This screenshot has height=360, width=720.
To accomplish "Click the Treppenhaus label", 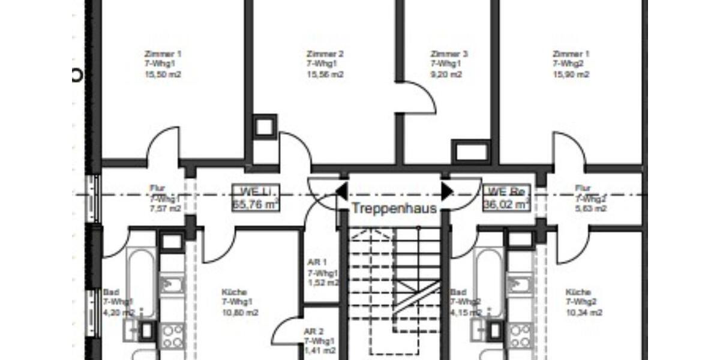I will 394,208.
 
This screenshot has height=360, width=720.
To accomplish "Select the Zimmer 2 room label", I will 325,53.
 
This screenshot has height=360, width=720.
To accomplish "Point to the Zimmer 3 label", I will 449,53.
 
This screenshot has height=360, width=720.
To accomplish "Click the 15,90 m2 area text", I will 571,75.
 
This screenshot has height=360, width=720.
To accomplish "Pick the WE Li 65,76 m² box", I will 256,198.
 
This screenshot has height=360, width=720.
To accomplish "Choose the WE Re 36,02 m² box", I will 506,198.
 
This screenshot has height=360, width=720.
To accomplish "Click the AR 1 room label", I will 316,262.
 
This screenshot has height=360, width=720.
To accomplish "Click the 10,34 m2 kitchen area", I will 584,313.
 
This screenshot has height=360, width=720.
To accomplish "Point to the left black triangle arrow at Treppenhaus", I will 341,191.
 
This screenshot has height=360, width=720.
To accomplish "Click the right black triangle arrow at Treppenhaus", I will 447,191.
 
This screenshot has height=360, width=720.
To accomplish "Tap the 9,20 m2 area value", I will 446,75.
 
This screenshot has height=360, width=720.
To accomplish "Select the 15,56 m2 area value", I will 325,75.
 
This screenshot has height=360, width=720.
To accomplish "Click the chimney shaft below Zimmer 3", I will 472,151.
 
